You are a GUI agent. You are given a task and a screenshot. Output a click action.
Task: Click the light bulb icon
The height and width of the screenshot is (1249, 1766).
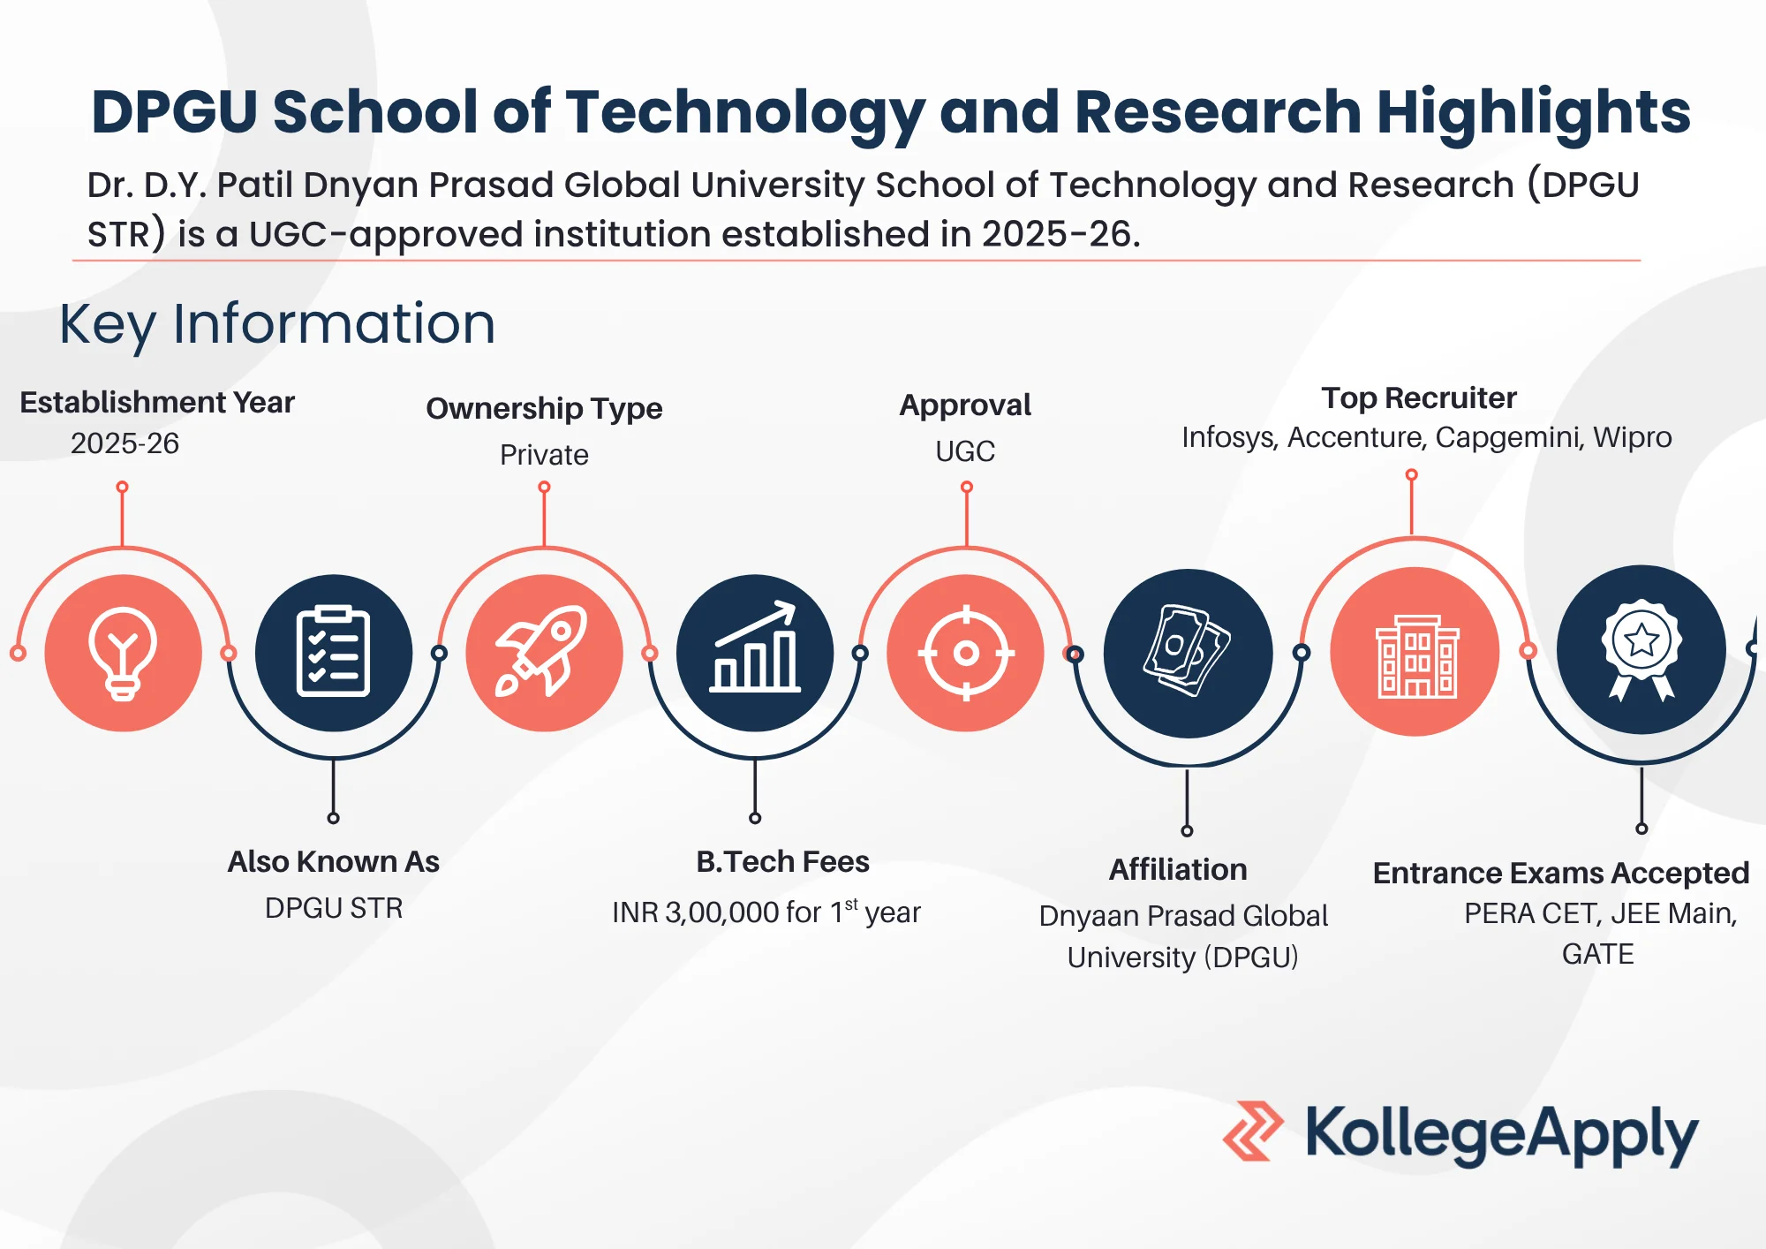(x=123, y=654)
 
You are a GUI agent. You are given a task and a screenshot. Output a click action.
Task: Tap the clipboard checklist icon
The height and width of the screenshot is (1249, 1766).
(x=334, y=652)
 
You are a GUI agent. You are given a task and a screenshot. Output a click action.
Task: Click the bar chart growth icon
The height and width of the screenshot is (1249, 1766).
(x=755, y=647)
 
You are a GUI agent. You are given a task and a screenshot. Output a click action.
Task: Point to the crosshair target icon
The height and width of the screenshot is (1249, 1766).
(x=966, y=654)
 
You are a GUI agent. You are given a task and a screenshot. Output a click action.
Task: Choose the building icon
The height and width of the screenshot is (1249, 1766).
(x=1416, y=655)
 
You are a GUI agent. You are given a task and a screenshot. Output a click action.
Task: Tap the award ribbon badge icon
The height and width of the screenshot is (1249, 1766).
(x=1641, y=650)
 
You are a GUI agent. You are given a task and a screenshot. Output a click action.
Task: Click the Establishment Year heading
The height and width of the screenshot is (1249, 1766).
(x=157, y=403)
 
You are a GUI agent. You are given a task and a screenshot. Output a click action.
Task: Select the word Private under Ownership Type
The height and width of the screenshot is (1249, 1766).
(x=544, y=455)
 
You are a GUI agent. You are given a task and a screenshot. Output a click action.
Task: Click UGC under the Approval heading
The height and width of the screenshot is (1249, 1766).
(x=965, y=451)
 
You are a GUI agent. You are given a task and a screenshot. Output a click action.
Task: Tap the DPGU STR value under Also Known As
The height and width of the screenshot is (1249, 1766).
(x=334, y=908)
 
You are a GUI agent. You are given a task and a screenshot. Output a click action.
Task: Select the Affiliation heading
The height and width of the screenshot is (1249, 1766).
(x=1178, y=870)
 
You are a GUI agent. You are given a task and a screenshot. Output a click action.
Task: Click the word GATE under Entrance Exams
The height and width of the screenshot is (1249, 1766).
(x=1597, y=955)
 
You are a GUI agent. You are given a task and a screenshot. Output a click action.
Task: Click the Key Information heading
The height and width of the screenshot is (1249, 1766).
(x=277, y=324)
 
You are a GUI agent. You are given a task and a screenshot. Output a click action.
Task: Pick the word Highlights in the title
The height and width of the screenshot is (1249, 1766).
(x=1534, y=113)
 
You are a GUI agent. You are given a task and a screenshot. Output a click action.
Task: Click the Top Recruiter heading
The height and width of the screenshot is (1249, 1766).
(x=1419, y=398)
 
